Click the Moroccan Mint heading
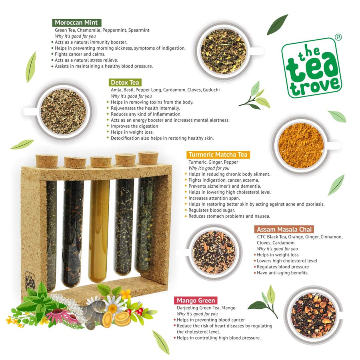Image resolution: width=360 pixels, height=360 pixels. [77, 22]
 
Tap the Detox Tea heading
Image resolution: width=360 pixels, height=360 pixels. [125, 82]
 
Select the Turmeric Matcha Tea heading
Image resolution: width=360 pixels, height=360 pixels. [218, 154]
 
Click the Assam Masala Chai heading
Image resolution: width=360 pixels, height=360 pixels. [284, 229]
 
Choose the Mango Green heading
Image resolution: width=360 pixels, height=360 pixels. [196, 300]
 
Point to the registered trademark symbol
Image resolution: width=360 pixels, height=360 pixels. [338, 37]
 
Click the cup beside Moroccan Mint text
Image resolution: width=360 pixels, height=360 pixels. [224, 51]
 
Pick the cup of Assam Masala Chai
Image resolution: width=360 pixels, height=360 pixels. [214, 252]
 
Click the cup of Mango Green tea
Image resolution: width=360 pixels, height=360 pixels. [314, 315]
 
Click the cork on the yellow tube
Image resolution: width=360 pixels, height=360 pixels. [101, 162]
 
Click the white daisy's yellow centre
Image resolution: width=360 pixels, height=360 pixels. [112, 308]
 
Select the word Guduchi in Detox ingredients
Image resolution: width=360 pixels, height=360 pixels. [211, 90]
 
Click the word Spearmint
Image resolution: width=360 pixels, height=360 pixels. [139, 30]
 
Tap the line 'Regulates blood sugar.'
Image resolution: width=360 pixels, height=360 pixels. [212, 210]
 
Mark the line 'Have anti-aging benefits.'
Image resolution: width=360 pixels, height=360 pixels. [283, 273]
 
